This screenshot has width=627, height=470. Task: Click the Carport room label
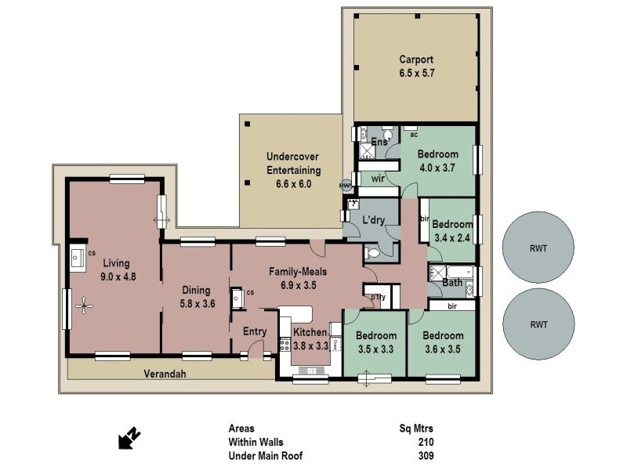tap(415, 60)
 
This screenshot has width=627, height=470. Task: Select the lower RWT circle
tap(538, 324)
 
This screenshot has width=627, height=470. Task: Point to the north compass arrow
tap(129, 439)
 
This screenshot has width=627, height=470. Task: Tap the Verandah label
tap(165, 374)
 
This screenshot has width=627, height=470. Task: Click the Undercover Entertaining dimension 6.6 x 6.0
tap(293, 184)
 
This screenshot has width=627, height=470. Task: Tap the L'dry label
tap(374, 222)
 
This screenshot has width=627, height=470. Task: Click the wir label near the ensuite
tap(377, 179)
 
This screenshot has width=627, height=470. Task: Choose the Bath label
tap(452, 282)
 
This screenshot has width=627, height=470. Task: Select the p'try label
tap(377, 298)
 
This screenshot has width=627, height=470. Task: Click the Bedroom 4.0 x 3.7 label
tap(438, 154)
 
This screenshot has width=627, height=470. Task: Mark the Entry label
tap(255, 331)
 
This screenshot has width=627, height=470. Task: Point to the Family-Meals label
tap(298, 272)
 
